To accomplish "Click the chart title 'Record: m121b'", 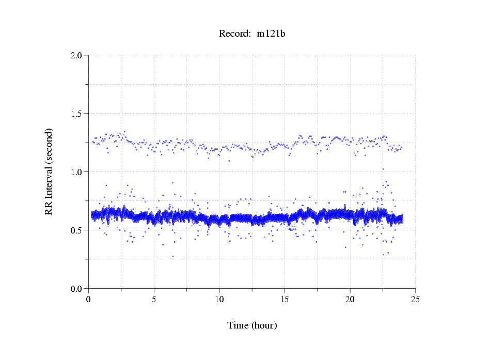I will coord(252,34).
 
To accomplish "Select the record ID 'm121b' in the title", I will coord(271,34).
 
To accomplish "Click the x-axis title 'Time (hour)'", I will coord(252,325).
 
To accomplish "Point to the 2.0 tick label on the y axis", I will coord(76,55).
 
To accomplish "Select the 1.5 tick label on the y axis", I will coord(76,114).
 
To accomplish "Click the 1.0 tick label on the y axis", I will coord(76,172).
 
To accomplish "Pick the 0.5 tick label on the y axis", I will coord(76,230).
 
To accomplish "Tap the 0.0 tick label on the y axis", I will coord(76,289).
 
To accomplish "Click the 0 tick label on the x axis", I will coord(89,299).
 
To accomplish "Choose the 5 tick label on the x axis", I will coord(154,299).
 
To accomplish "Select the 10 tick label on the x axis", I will coord(219,299).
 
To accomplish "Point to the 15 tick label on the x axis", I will coord(284,299).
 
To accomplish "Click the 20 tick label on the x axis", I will coord(350,299).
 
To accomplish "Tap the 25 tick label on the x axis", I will coord(415,299).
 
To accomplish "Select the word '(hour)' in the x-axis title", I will coord(264,325).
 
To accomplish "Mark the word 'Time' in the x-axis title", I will coord(238,325).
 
